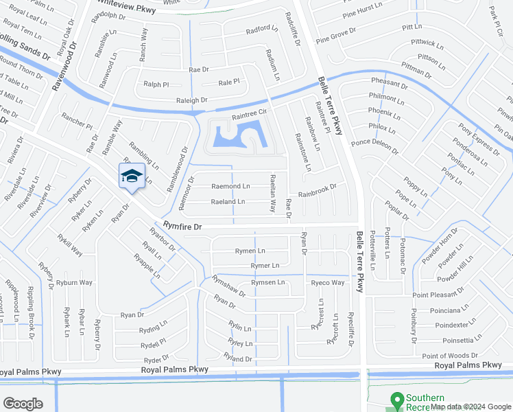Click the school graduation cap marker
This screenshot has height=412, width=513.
[132, 176]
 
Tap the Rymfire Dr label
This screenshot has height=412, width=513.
[183, 225]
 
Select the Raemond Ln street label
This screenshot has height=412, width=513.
[230, 186]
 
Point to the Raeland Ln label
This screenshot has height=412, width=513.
[228, 202]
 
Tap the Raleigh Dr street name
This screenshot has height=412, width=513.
[191, 100]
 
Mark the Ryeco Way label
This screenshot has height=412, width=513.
[327, 283]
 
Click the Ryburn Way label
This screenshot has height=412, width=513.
[74, 283]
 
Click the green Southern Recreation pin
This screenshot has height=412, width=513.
[396, 400]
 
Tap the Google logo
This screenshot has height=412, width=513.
[23, 404]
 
